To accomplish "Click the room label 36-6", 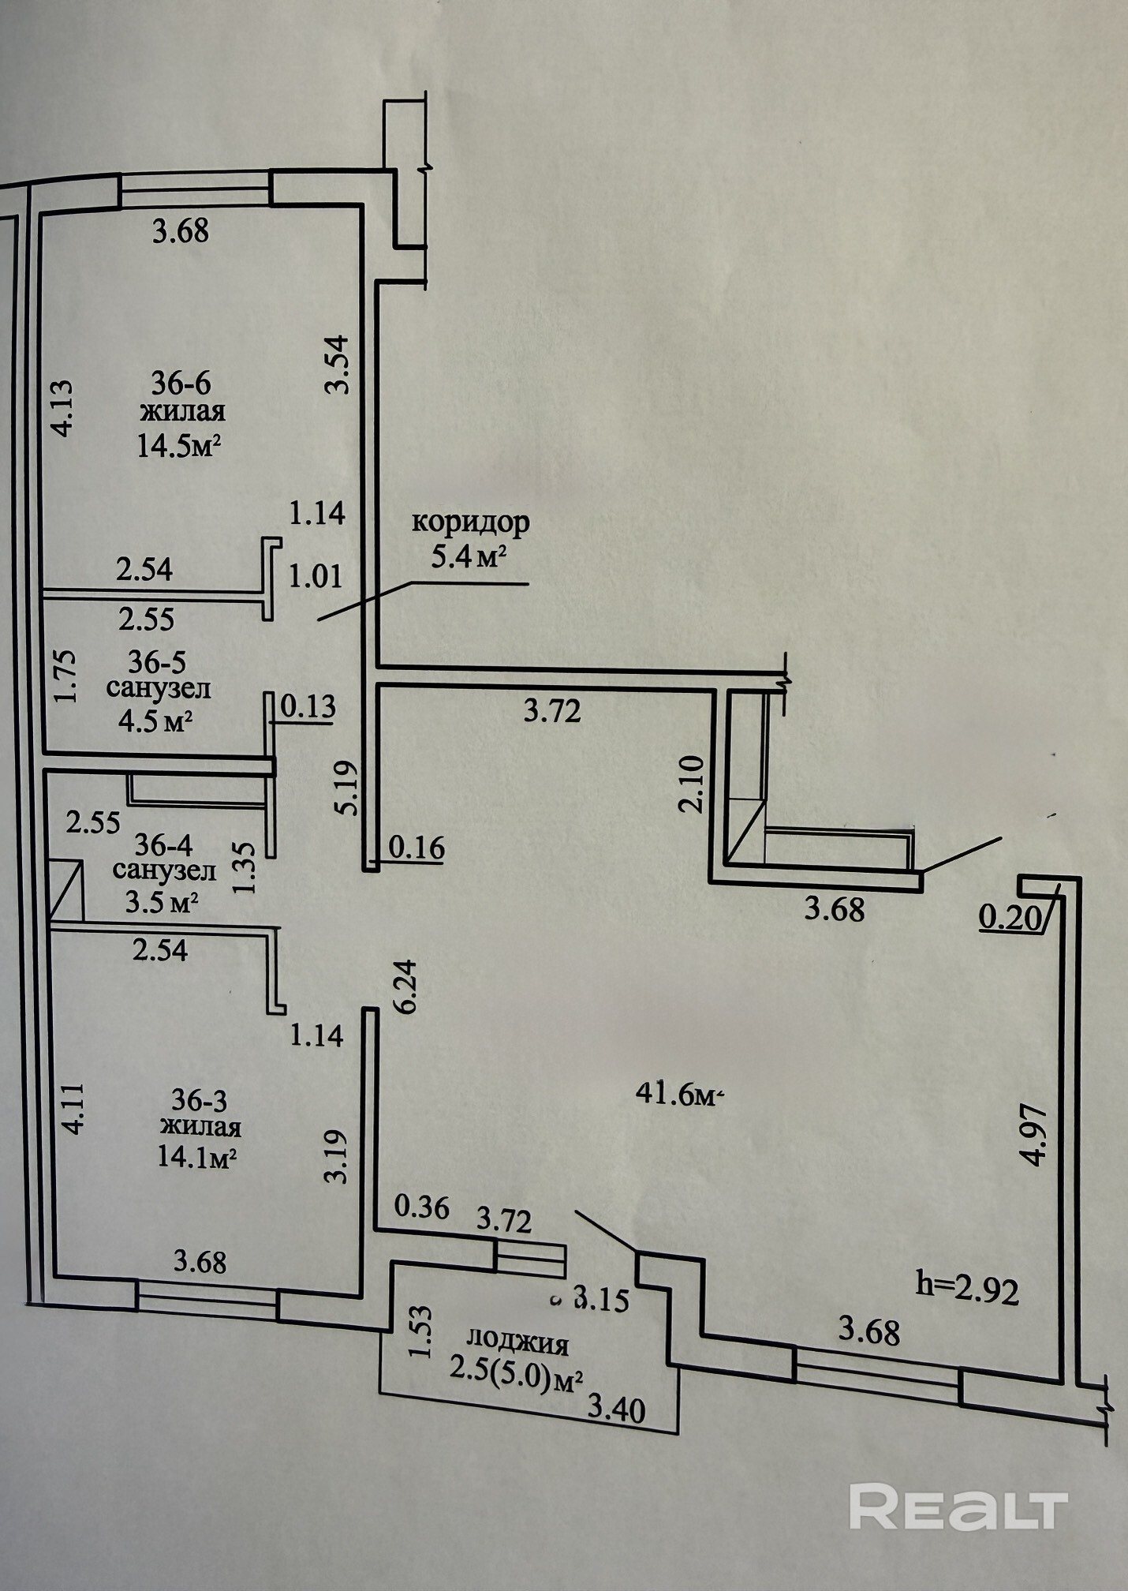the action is point(181,384).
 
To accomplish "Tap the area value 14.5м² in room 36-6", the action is point(178,446).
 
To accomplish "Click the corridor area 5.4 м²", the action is point(468,557).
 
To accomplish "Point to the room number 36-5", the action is point(158,660).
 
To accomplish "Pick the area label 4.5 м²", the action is point(156,721).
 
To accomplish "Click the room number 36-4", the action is point(163,845).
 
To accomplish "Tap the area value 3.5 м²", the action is point(162,901).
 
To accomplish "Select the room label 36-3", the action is point(200,1099).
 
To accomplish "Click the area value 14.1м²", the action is point(198,1157).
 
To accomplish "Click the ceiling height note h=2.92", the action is point(967,1290).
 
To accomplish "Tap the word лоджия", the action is point(517,1341).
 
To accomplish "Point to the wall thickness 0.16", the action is point(416,848).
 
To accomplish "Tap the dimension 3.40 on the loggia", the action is point(618,1409).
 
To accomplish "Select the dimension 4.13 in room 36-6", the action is point(61,408).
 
